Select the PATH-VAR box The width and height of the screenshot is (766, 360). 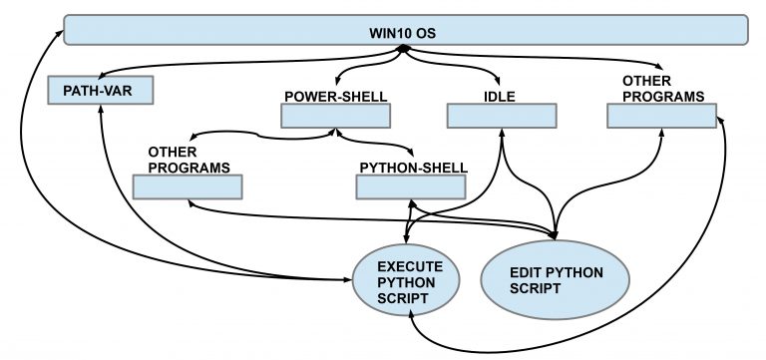click(x=99, y=93)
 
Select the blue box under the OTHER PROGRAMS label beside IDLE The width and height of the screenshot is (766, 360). click(x=661, y=116)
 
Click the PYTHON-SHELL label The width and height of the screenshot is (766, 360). click(x=412, y=167)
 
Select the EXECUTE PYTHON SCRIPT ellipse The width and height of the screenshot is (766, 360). click(x=409, y=274)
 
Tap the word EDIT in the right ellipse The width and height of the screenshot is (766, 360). click(x=526, y=269)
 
